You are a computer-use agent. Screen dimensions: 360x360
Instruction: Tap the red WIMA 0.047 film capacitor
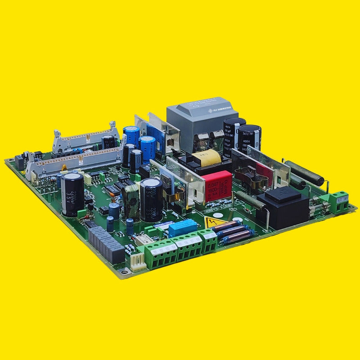(x=218, y=186)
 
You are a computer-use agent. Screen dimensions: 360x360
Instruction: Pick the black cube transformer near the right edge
(x=282, y=208)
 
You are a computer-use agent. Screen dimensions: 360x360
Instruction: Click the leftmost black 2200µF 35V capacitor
(x=72, y=194)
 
